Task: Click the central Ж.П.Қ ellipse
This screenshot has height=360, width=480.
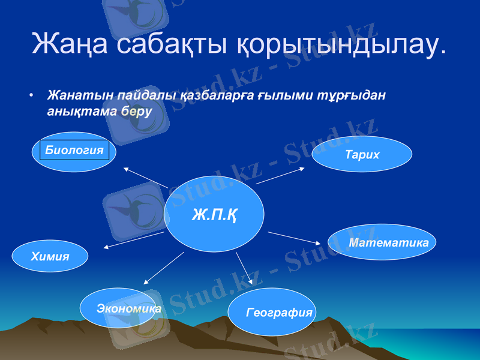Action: click(214, 214)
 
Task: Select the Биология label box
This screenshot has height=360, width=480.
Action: click(74, 150)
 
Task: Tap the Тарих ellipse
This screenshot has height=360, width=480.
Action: click(362, 154)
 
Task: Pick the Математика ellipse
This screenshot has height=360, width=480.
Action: click(382, 242)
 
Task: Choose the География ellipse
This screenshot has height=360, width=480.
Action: click(272, 312)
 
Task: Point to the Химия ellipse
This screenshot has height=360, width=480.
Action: click(50, 256)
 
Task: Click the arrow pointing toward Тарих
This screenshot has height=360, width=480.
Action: click(280, 176)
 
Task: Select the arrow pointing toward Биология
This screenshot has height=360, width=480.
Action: click(146, 178)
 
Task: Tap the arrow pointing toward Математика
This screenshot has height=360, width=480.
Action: click(294, 238)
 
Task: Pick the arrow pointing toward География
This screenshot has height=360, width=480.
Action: click(244, 268)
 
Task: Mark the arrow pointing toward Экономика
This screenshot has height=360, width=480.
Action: click(164, 268)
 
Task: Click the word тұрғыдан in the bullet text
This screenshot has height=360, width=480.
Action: click(353, 96)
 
